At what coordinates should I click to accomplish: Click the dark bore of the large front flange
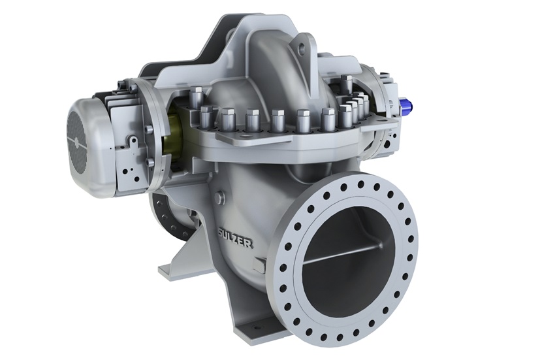[x=340, y=255]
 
